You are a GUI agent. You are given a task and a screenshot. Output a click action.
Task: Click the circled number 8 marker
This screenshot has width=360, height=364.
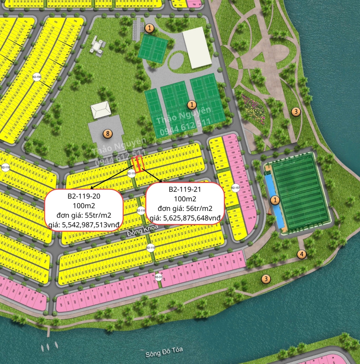pyautogui.click(x=108, y=133)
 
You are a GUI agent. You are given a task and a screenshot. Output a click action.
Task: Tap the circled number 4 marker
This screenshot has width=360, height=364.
pyautogui.click(x=301, y=254)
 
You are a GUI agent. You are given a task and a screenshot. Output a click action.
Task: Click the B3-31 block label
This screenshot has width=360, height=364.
pyautogui.click(x=158, y=277)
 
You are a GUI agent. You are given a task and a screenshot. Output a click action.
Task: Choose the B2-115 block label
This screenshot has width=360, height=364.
pyautogui.click(x=151, y=248)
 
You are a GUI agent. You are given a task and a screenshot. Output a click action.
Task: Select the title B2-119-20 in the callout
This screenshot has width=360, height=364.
pyautogui.click(x=83, y=196)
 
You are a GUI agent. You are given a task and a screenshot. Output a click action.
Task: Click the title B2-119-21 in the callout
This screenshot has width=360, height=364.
pyautogui.click(x=185, y=189)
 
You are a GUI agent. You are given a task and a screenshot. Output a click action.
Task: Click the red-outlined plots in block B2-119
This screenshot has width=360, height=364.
pyautogui.click(x=137, y=163)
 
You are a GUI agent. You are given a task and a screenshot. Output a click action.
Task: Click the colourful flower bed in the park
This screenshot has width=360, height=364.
pyautogui.click(x=253, y=109)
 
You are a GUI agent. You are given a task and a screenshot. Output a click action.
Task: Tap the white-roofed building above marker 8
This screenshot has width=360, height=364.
pyautogui.click(x=101, y=110)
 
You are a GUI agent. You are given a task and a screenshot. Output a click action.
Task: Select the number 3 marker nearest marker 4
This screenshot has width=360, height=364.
pyautogui.click(x=266, y=279)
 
